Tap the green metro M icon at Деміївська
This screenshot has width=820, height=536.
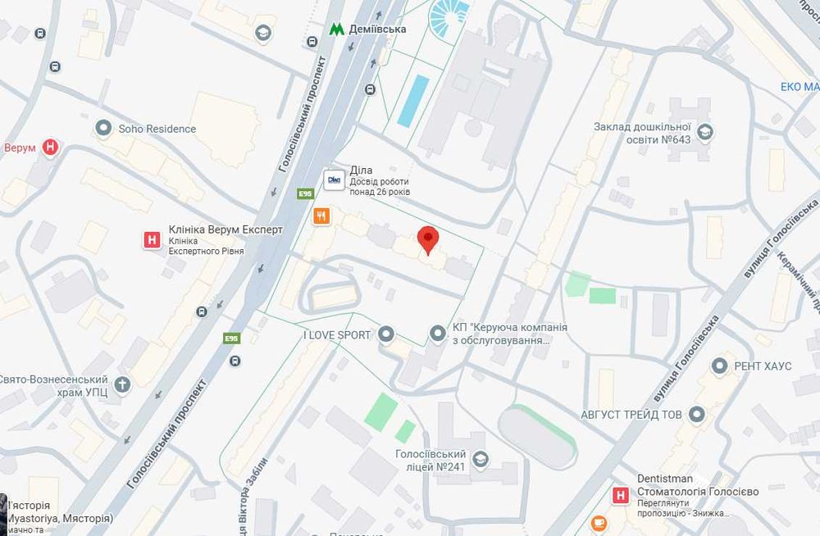coord(336,29)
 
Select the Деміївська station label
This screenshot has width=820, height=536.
coord(378,29)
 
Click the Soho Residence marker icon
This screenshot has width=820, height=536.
coord(103,128)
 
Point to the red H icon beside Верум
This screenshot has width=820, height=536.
coord(51,148)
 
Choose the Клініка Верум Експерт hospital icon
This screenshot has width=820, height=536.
coord(151,240)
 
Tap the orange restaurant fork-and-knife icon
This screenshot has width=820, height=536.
coord(321,216)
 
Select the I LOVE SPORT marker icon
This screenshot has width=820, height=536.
coord(386,334)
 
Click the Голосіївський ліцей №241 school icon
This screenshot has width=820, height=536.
coord(481,459)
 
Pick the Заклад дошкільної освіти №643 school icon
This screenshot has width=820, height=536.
coord(704,132)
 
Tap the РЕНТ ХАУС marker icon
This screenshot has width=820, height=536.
coord(721,366)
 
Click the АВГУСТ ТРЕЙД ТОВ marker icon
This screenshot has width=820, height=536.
coord(697,415)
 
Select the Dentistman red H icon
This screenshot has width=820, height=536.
coord(622,495)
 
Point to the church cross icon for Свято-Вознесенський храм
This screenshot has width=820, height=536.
coord(122,384)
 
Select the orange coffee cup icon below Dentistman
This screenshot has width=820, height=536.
coord(599,522)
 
